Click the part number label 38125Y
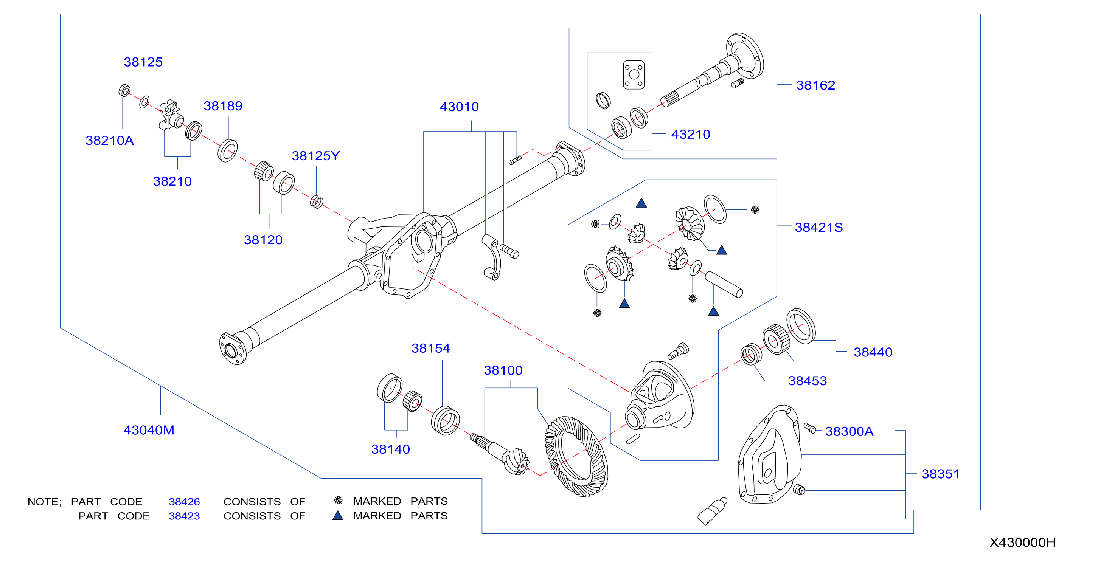[315, 156]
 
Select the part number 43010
[459, 107]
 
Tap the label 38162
[815, 85]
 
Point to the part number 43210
[691, 134]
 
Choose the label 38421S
[819, 228]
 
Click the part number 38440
[873, 352]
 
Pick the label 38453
[807, 381]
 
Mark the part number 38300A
[849, 431]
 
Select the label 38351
[940, 474]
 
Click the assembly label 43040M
[149, 430]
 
